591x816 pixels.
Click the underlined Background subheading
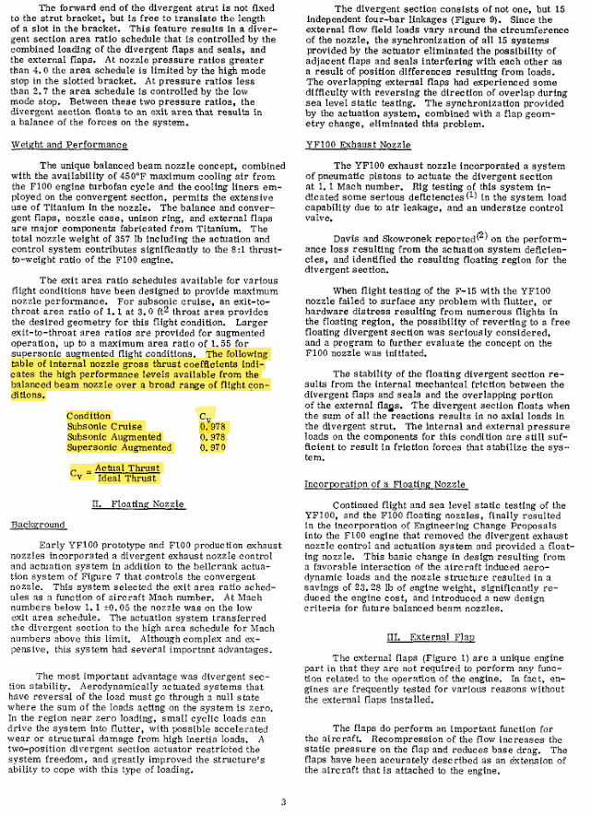38,525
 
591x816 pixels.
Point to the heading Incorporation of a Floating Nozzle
386,485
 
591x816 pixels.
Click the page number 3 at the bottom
283,800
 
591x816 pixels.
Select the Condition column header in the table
89,417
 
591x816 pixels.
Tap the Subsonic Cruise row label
103,427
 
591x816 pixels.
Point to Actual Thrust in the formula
126,468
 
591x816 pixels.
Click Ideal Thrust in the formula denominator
126,479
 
